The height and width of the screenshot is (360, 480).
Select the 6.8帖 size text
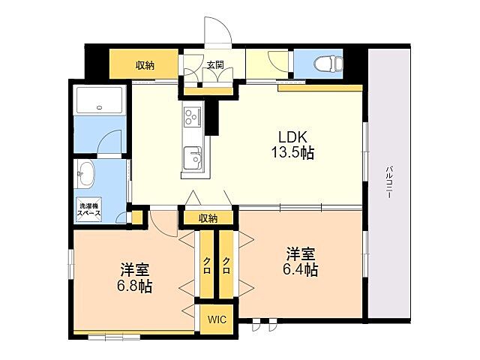[x=135, y=286]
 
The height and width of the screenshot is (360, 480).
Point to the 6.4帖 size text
[x=301, y=270]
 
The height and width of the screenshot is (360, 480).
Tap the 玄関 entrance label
[x=215, y=65]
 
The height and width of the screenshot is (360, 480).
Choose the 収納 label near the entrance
[x=145, y=65]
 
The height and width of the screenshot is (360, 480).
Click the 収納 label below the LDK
[x=208, y=218]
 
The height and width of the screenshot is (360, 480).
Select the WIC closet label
[x=216, y=318]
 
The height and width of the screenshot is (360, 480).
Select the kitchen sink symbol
[x=193, y=158]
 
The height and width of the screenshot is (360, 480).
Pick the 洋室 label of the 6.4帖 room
[x=301, y=253]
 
